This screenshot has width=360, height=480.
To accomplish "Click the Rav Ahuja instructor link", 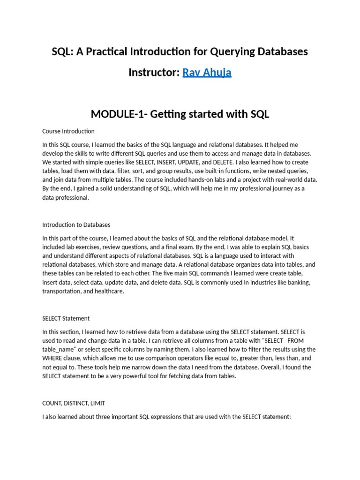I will pyautogui.click(x=206, y=73).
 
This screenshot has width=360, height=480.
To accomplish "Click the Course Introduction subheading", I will pyautogui.click(x=68, y=131).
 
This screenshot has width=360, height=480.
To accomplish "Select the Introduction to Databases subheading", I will pyautogui.click(x=76, y=225).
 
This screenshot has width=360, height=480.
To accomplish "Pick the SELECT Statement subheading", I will pyautogui.click(x=66, y=318).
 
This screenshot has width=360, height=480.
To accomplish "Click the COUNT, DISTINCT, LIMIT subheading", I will pyautogui.click(x=77, y=403).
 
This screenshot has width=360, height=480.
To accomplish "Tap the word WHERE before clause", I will pyautogui.click(x=52, y=359).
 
